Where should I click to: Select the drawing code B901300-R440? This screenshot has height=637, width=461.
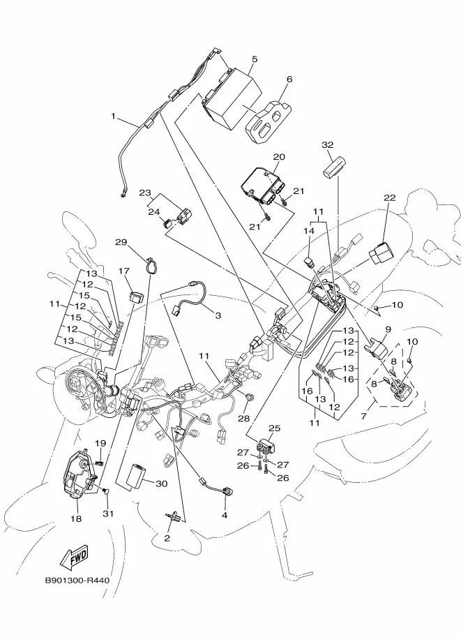coord(77,580)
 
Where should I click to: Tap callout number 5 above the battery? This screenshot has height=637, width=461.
coord(255,59)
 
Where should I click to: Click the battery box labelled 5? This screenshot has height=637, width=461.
coord(232,100)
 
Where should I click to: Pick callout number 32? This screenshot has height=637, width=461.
coord(327,145)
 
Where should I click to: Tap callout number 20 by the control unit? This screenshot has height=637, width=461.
coord(279,157)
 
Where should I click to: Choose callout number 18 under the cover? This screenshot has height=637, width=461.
coord(76,519)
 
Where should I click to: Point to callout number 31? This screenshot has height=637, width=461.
coord(107,514)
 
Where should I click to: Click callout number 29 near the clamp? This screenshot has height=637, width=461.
coord(121,243)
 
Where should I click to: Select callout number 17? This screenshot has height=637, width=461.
coord(124,271)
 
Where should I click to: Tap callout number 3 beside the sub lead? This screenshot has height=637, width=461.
coord(218,315)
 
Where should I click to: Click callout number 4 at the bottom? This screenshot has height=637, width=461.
coord(225,516)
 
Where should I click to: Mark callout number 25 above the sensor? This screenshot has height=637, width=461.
coord(275,428)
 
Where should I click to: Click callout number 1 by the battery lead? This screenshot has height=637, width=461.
coord(114,117)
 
